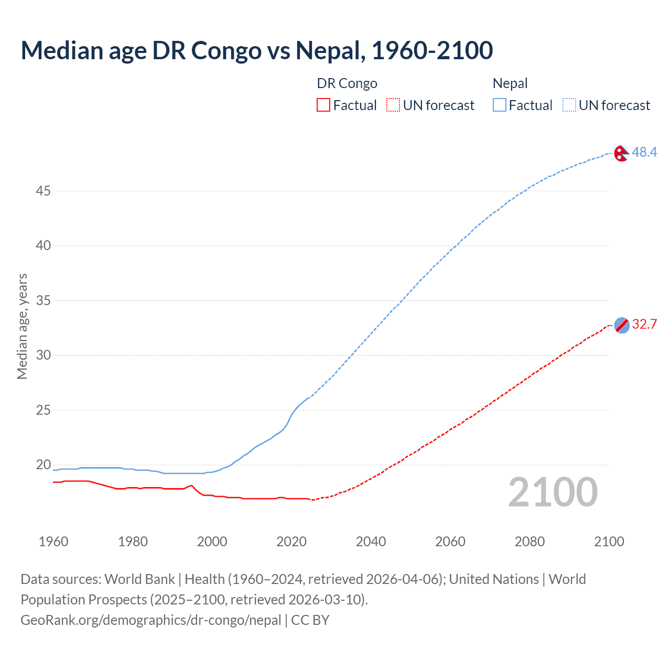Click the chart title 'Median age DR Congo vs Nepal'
click(x=257, y=50)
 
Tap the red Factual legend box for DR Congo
click(x=323, y=105)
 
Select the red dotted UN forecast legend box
click(x=393, y=105)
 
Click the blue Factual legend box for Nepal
click(x=500, y=105)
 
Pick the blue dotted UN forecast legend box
click(x=569, y=105)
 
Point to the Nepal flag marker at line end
click(x=621, y=153)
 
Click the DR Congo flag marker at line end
click(x=622, y=325)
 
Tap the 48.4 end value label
click(x=644, y=152)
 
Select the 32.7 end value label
click(x=644, y=324)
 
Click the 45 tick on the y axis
click(x=43, y=191)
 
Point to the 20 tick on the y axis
click(x=43, y=464)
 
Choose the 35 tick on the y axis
click(x=43, y=300)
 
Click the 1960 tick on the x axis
click(x=53, y=542)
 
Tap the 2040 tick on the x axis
click(x=371, y=542)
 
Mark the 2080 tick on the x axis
click(x=529, y=542)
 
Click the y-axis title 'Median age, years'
click(x=22, y=326)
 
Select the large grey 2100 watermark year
click(x=553, y=492)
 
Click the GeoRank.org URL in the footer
click(x=151, y=620)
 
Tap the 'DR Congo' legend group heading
click(x=347, y=83)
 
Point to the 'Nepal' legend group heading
click(x=510, y=83)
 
